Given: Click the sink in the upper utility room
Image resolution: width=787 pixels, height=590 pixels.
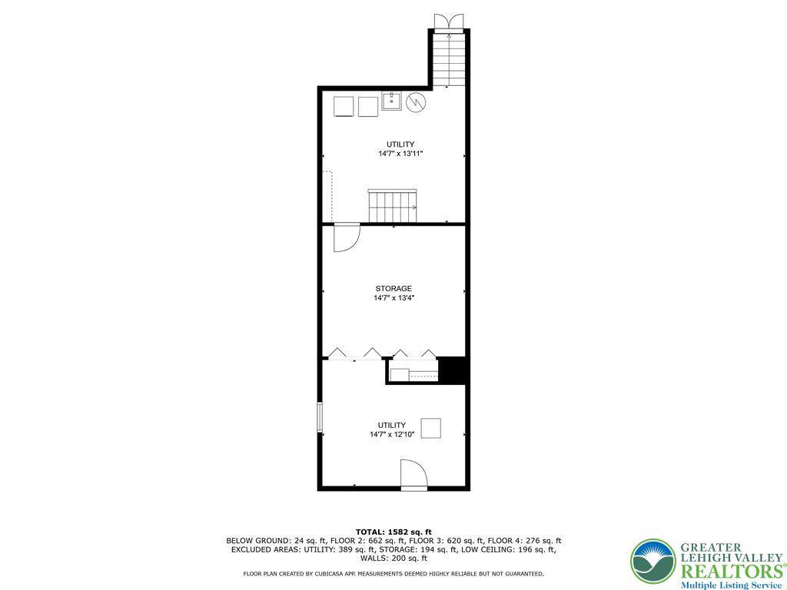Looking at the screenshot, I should point(392,101).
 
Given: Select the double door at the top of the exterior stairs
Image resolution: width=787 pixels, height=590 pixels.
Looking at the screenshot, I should point(448,22).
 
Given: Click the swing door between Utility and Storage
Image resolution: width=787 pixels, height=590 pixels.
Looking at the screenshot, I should point(346,237).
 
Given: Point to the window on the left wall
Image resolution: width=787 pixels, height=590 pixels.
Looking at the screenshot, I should point(320,418).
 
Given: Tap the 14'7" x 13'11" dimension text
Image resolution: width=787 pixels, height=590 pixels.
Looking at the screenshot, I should point(400,154).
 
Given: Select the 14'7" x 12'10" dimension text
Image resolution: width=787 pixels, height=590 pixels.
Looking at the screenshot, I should point(392,435).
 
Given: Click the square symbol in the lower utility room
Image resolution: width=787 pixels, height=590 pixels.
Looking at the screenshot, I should point(430,428).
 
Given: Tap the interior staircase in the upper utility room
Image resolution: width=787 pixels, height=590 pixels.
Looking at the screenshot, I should point(392,206).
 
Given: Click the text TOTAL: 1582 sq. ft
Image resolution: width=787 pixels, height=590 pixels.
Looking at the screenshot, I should point(393,532).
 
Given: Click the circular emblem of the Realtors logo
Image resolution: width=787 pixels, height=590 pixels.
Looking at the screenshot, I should point(653,561).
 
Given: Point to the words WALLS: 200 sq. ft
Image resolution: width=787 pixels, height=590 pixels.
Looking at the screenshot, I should point(393,559).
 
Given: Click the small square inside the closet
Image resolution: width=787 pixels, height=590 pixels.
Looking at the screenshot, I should point(399,375).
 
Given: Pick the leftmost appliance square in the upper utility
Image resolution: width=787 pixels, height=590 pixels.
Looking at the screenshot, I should point(343,106).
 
